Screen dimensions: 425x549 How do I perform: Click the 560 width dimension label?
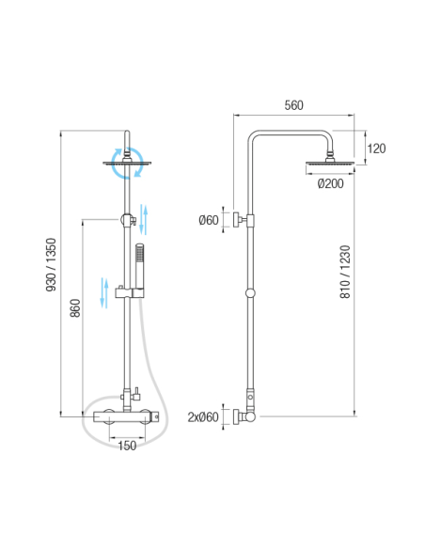293,105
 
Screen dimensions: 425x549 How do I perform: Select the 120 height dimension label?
376,149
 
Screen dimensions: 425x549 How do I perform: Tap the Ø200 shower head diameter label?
330,183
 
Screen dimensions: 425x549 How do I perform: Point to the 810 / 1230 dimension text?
345,272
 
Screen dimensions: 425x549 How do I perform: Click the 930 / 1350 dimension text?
52,265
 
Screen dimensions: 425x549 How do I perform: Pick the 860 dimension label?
75,308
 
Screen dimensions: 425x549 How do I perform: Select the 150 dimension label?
127,446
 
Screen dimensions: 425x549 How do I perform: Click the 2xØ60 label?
203,417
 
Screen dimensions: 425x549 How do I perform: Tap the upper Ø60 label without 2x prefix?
209,220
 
